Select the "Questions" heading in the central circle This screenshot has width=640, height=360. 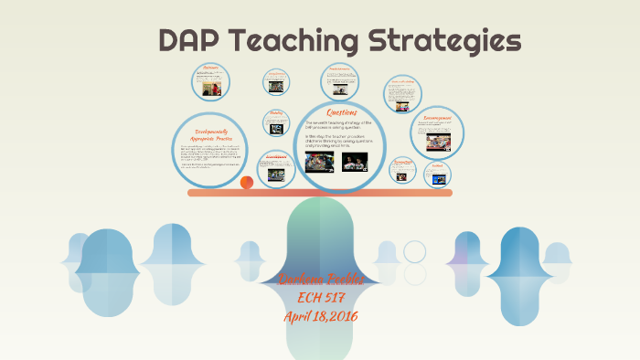pos(343,112)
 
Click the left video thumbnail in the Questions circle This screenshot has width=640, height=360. pos(319,162)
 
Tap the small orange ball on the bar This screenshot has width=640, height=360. pos(247,183)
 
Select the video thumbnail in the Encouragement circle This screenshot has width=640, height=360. pos(436,141)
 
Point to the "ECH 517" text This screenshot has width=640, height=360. pos(320,298)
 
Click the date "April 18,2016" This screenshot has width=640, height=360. pos(320,316)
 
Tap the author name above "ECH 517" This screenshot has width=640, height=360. pos(320,280)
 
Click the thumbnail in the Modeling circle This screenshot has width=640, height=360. pos(275,129)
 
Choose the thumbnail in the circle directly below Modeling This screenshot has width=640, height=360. pos(275,174)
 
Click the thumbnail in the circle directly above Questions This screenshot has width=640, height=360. pos(339,90)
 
